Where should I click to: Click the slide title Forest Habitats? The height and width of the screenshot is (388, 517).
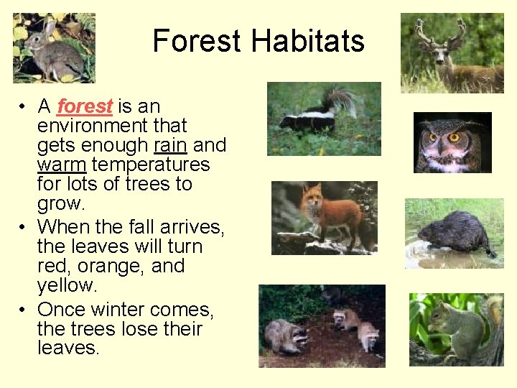pos(258,41)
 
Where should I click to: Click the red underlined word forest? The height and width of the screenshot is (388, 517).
pos(85,106)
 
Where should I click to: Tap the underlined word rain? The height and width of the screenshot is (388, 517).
pos(170,145)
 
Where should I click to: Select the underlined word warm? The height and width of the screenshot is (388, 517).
pos(62,165)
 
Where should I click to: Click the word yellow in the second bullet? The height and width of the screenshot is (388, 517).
pos(65,285)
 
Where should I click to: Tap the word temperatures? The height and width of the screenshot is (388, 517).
pos(151,165)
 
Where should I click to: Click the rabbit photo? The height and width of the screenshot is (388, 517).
pos(54,47)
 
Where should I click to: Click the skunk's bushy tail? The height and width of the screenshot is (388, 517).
pos(345,100)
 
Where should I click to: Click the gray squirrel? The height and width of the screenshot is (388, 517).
pos(460,328)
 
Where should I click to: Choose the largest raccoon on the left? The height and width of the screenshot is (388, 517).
pos(285,334)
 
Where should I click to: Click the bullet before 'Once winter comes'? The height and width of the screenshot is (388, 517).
pos(24,310)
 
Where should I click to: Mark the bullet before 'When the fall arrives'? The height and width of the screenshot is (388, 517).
pos(24,227)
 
